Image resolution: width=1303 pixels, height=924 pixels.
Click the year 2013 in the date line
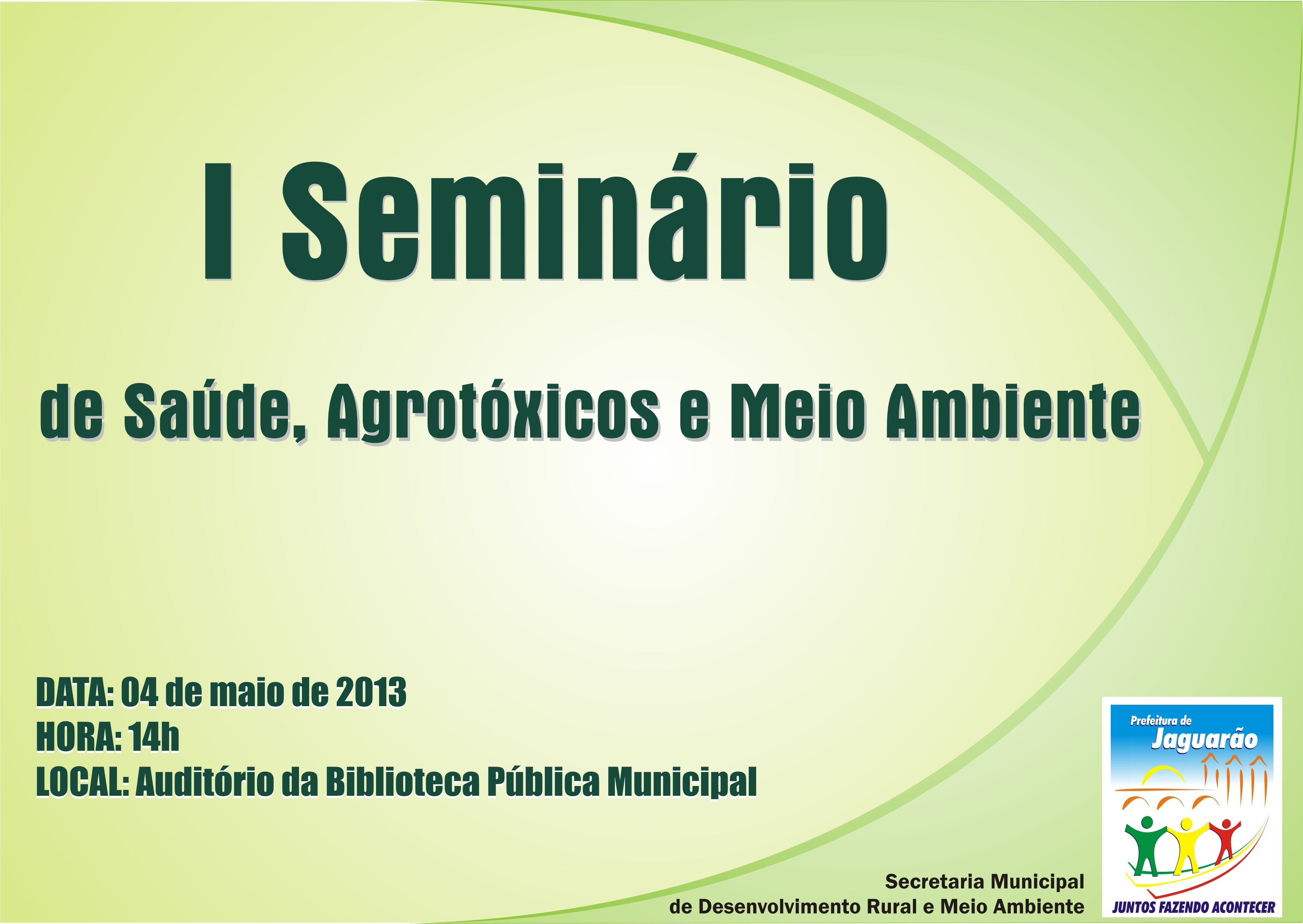coord(371,693)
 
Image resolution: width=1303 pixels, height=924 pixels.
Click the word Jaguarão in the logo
coord(1204,740)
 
